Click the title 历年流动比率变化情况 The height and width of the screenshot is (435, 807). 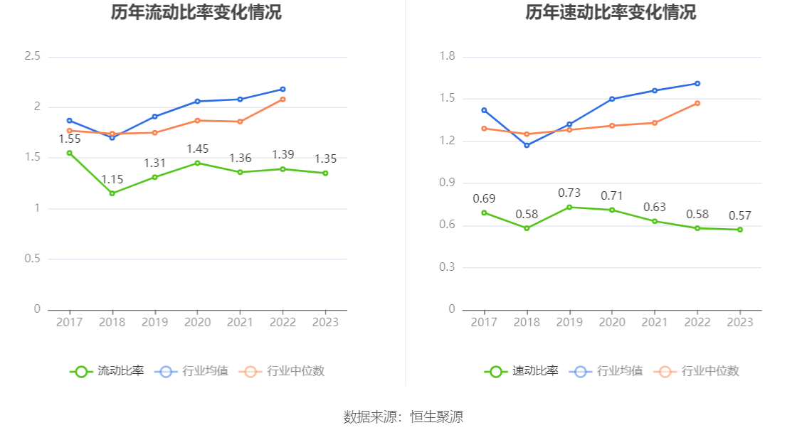(196, 13)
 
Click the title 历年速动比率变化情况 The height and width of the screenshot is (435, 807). (611, 13)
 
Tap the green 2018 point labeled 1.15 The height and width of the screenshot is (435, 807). (112, 193)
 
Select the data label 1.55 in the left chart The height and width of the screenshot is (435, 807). (69, 139)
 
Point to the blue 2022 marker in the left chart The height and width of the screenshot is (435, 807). (283, 90)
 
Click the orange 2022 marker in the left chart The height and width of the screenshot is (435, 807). (283, 100)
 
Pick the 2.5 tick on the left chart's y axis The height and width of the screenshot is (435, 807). (32, 56)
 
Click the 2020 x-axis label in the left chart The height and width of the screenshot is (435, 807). (197, 322)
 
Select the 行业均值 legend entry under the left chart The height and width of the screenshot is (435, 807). (194, 371)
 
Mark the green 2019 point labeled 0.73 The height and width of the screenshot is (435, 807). (569, 207)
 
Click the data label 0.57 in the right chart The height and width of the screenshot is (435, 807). (740, 216)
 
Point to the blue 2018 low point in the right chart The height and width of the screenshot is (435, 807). (527, 146)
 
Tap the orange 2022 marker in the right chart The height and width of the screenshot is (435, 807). (697, 103)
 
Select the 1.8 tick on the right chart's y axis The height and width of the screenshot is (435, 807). (447, 56)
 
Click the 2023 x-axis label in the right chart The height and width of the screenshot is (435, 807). (740, 322)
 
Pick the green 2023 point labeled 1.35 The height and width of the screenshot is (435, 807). (325, 173)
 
